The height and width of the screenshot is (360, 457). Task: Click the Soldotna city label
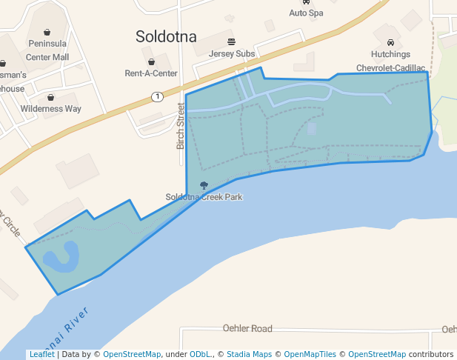coord(167,36)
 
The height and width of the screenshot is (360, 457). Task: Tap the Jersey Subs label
coord(232,54)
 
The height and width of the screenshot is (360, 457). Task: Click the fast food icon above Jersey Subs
coord(232,41)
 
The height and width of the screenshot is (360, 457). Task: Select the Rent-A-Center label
coord(151,73)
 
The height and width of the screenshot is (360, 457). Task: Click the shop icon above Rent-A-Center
coord(152,61)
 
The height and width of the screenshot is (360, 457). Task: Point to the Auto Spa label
coord(307,13)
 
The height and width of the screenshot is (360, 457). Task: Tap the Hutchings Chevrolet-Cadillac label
coord(391,61)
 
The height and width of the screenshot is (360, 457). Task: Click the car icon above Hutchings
coord(390,42)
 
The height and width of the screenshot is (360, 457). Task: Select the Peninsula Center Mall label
coord(47,50)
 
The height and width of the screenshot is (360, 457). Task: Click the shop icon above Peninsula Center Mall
coord(47,32)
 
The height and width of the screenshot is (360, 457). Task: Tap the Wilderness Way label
coord(51,109)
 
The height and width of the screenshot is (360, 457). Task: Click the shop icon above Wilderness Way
coord(50,97)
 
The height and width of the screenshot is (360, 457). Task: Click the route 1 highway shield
coord(157,96)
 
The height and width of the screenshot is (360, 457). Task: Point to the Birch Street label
coord(180,126)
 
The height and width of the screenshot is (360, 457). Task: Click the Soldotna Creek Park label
coord(204,197)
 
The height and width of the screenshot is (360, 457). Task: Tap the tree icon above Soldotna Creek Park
coord(204,185)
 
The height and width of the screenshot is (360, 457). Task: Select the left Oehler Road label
coord(247,328)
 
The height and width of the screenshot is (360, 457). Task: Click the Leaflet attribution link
coord(41,354)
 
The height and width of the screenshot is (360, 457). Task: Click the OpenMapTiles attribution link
coord(310,354)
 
